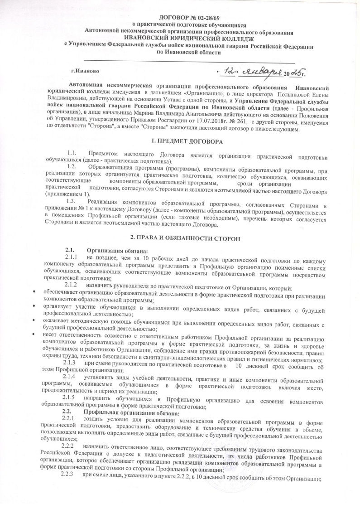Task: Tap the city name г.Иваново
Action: pyautogui.click(x=86, y=72)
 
